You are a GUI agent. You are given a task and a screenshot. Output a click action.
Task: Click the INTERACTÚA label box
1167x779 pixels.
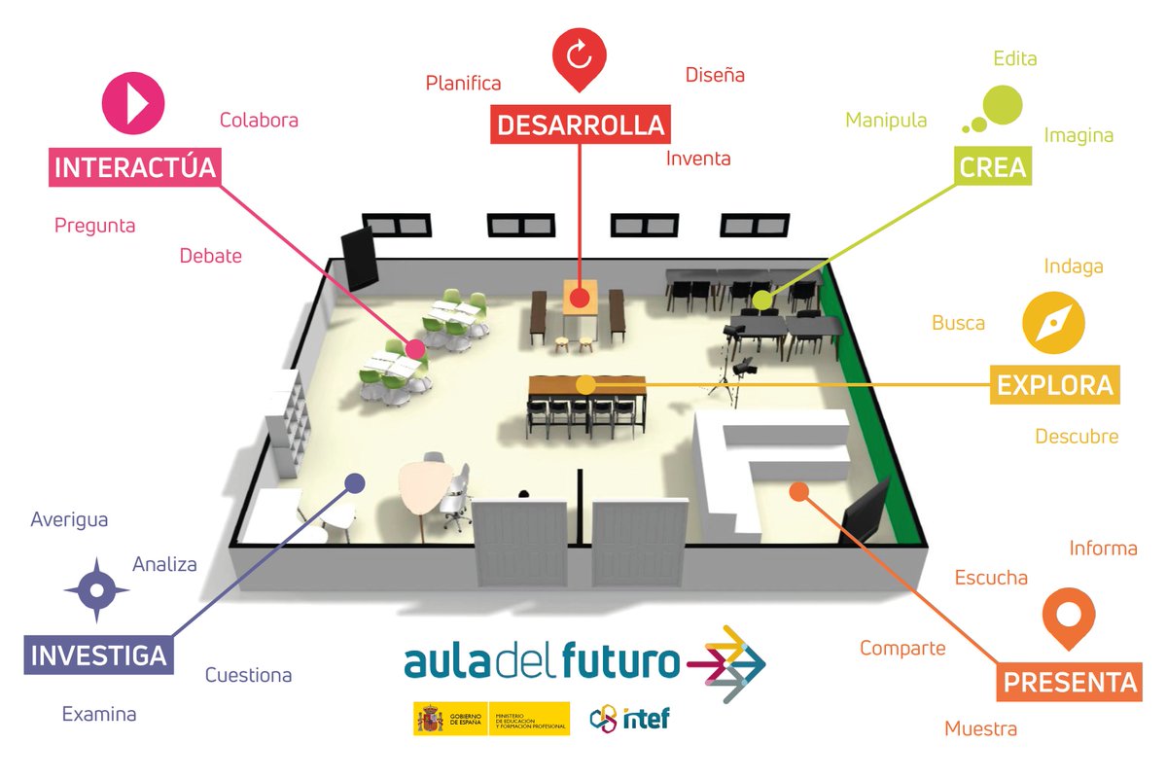point(134,167)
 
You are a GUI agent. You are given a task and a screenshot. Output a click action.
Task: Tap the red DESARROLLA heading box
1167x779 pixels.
point(581,124)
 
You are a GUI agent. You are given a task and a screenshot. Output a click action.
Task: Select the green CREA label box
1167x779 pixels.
point(992,167)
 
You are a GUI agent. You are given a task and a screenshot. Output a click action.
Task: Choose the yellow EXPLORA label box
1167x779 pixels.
point(1054,385)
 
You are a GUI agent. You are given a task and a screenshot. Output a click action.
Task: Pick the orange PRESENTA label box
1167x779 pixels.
point(1070,682)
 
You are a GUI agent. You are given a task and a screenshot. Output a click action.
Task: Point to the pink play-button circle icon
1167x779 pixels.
point(134,102)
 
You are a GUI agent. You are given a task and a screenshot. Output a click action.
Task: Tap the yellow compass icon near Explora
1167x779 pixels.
point(1053,323)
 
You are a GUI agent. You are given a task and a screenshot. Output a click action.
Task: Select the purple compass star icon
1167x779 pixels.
point(96,589)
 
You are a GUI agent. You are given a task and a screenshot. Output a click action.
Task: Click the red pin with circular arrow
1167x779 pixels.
point(579,57)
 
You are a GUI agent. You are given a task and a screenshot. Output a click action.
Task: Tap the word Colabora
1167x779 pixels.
point(259,121)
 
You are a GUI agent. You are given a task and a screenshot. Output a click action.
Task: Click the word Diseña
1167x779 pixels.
point(715,75)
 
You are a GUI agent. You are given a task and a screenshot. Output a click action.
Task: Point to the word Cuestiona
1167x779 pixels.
point(248,675)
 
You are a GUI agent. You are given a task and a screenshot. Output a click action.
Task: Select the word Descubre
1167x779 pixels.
point(1076,437)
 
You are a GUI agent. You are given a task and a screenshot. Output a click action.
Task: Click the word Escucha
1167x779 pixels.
point(991,578)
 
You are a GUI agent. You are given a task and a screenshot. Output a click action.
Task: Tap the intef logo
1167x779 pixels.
point(630,719)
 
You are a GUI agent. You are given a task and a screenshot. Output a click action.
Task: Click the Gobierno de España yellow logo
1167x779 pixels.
point(491,719)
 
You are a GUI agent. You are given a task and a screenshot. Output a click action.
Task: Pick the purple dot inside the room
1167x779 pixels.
point(355,482)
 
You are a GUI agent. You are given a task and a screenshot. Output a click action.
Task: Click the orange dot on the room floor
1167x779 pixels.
point(798,492)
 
